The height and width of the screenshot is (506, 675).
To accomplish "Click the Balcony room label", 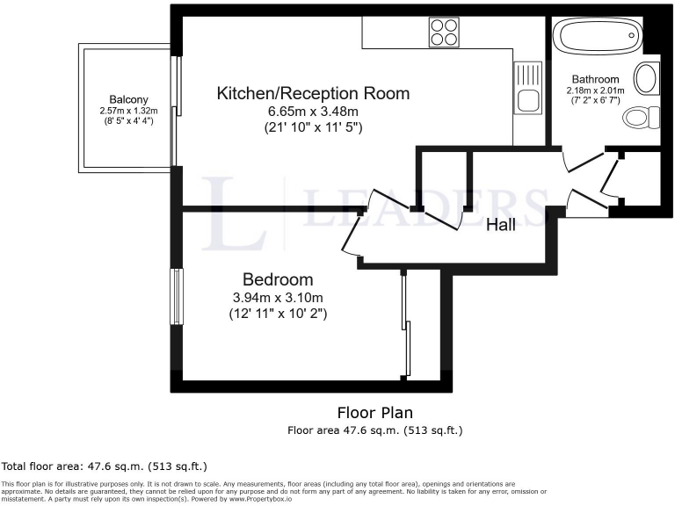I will tap(128, 99).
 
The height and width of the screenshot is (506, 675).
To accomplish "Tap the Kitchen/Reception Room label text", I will tap(314, 93).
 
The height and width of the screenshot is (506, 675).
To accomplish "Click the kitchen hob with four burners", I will tap(445, 33).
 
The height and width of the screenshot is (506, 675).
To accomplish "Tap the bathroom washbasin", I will tap(646, 79).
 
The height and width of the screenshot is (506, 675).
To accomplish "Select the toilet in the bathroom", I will tap(650, 117).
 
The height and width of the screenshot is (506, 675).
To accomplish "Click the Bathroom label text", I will tap(595, 79).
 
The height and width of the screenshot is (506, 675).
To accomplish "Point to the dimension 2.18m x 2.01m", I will tap(595, 90).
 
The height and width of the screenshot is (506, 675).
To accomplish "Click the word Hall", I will tap(501, 225).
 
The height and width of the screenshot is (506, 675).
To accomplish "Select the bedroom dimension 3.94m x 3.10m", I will tap(278, 297).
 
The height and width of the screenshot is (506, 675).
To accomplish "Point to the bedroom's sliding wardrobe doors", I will tap(406, 325).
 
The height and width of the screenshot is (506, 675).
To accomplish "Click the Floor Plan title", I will tap(375, 412).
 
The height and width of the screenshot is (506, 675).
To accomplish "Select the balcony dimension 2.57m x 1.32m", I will tap(128, 111).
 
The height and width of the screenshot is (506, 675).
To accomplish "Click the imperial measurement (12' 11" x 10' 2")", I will tap(278, 313).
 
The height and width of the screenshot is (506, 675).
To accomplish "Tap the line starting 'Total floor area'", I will tap(105, 466).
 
